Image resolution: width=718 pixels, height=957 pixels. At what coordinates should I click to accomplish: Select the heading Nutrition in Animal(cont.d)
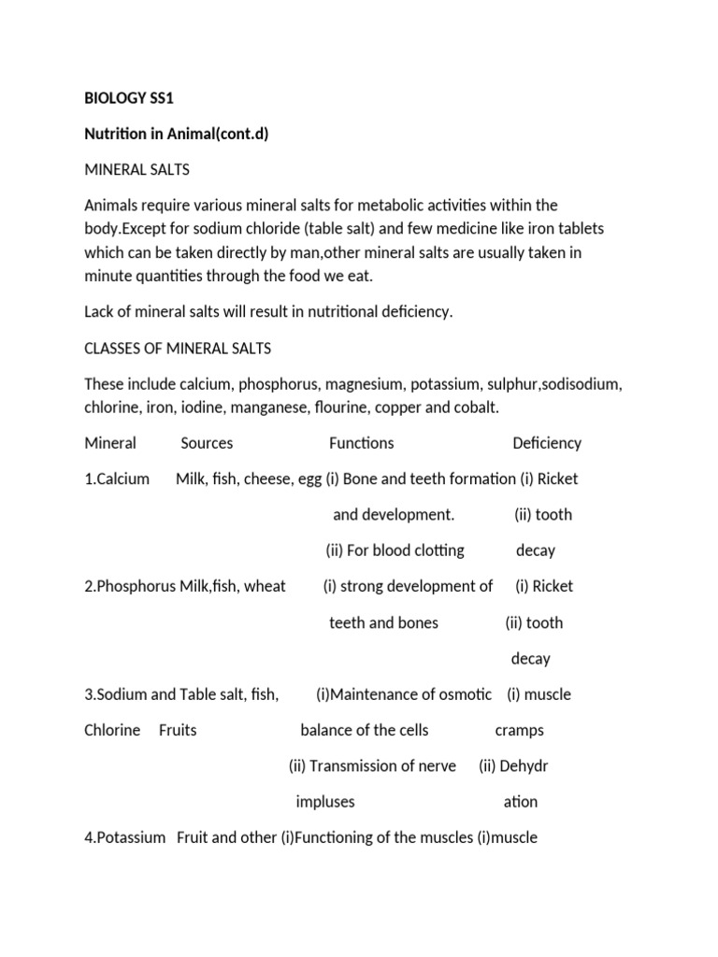click(177, 133)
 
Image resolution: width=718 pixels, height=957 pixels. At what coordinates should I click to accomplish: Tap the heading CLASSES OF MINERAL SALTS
click(178, 348)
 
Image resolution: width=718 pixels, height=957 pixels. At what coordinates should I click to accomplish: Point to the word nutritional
click(330, 311)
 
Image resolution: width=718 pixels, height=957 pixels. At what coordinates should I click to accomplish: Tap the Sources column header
click(207, 443)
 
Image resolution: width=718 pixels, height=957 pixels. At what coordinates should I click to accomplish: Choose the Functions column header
click(361, 443)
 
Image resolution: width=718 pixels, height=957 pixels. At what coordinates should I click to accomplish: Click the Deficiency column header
click(547, 443)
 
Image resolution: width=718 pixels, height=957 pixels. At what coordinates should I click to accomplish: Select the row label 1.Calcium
click(117, 478)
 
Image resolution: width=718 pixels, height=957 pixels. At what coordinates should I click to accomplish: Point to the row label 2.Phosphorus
click(131, 586)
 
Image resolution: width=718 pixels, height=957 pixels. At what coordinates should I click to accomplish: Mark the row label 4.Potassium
click(125, 837)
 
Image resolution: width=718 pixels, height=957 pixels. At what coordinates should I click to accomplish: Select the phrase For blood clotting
click(403, 550)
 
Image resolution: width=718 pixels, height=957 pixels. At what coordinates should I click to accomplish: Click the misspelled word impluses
click(325, 802)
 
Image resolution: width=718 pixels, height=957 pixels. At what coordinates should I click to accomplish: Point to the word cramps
click(519, 730)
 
